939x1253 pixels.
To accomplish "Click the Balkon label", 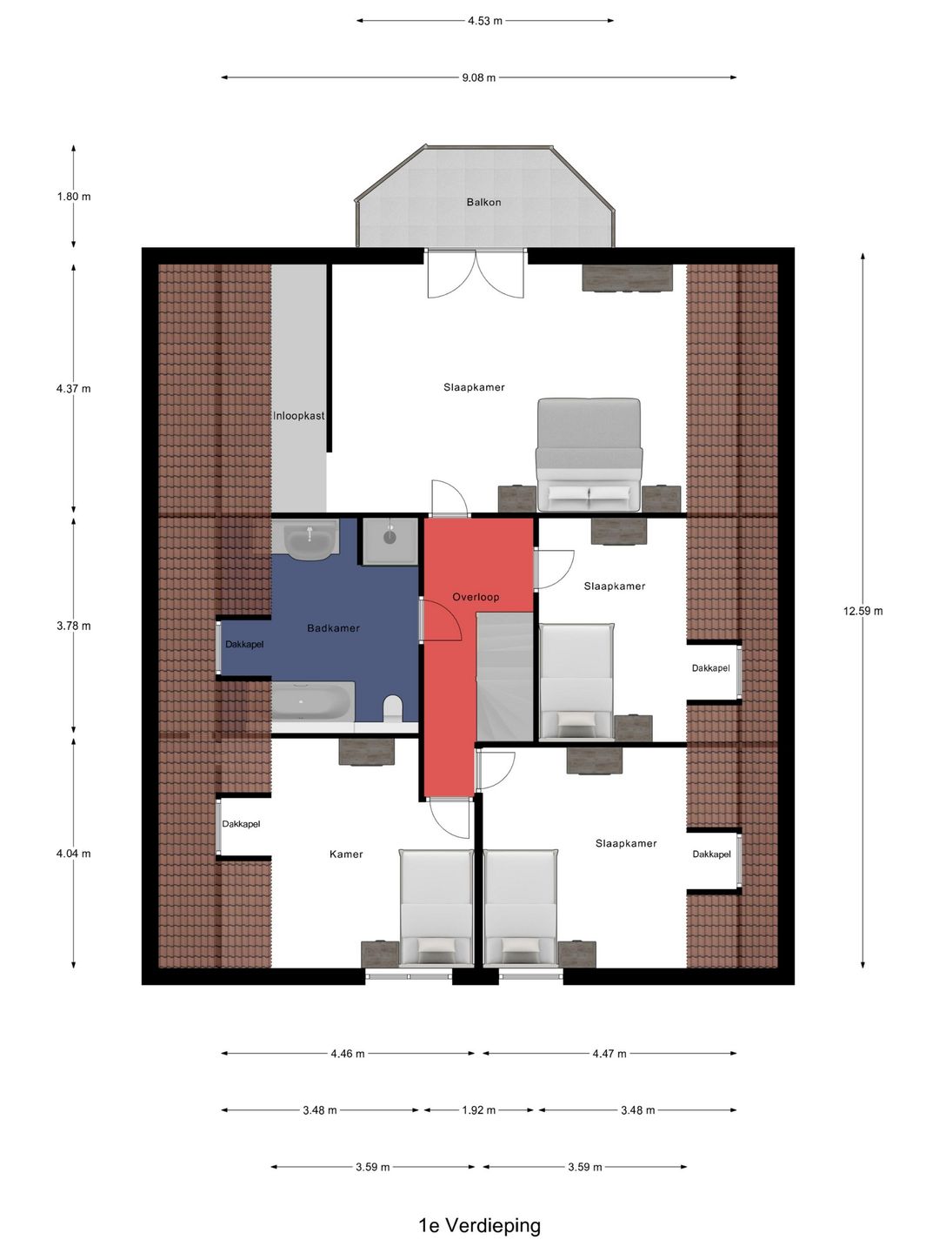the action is (x=483, y=202).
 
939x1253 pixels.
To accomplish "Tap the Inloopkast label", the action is (x=298, y=416).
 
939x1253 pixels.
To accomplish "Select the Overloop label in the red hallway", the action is (x=476, y=597).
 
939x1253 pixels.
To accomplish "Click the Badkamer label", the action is (x=333, y=628).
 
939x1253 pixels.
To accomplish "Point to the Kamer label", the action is (x=346, y=854).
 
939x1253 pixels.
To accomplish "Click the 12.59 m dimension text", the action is (x=862, y=611).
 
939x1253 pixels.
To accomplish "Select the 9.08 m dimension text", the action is (x=479, y=77).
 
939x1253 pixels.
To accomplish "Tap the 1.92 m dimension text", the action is (x=478, y=1110).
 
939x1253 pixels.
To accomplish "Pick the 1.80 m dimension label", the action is (x=74, y=197).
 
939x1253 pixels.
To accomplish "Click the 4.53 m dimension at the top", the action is (x=485, y=21).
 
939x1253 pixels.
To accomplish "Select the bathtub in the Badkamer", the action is (x=312, y=701).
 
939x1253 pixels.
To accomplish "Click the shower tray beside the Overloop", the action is (x=390, y=541).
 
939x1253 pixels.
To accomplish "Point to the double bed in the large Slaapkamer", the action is (x=589, y=454).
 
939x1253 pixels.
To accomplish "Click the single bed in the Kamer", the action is (x=436, y=908).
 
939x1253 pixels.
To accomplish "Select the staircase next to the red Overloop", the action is (x=504, y=676).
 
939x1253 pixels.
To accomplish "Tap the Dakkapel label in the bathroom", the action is (x=244, y=645).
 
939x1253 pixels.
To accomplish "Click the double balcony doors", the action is (x=476, y=273).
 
